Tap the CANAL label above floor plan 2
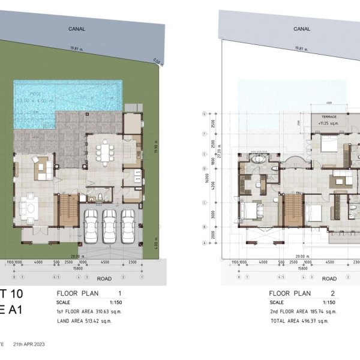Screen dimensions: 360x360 (301, 28)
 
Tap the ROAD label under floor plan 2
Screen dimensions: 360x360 (329, 278)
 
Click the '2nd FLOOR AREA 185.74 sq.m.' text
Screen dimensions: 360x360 (302, 311)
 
